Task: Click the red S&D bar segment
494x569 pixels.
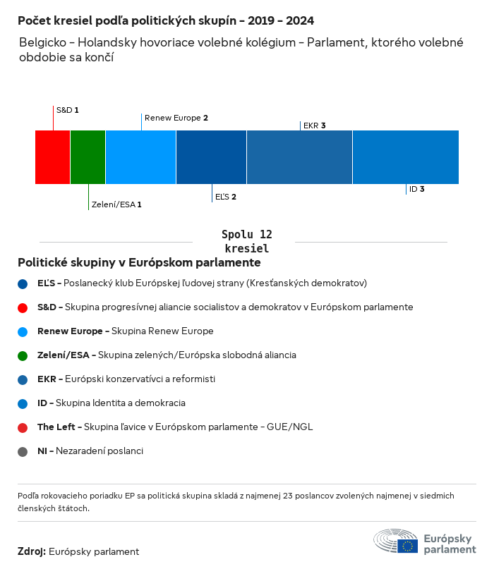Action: pyautogui.click(x=53, y=157)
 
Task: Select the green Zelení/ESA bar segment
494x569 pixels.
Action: pyautogui.click(x=88, y=157)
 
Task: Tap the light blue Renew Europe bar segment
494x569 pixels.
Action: pyautogui.click(x=141, y=157)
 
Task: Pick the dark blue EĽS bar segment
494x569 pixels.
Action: pyautogui.click(x=212, y=157)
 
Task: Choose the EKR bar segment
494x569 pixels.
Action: pyautogui.click(x=299, y=157)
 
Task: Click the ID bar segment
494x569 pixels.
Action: pyautogui.click(x=405, y=157)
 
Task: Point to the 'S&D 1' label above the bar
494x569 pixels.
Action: pyautogui.click(x=67, y=111)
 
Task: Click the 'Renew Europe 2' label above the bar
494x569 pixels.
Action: pyautogui.click(x=176, y=118)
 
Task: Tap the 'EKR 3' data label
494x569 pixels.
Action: pyautogui.click(x=314, y=126)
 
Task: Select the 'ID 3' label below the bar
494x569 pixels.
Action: pyautogui.click(x=416, y=189)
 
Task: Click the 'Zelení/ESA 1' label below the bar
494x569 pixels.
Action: pyautogui.click(x=116, y=204)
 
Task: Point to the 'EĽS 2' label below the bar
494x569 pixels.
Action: pyautogui.click(x=225, y=196)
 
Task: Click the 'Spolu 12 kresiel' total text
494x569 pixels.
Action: pyautogui.click(x=246, y=241)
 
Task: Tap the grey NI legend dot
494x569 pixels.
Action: pyautogui.click(x=23, y=451)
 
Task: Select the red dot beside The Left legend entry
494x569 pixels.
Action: pyautogui.click(x=23, y=427)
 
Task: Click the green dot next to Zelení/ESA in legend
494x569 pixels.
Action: pyautogui.click(x=23, y=355)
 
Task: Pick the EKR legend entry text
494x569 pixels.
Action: pyautogui.click(x=126, y=379)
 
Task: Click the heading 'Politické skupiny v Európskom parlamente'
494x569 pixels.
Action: pyautogui.click(x=139, y=263)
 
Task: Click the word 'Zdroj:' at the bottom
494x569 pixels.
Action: pyautogui.click(x=31, y=551)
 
